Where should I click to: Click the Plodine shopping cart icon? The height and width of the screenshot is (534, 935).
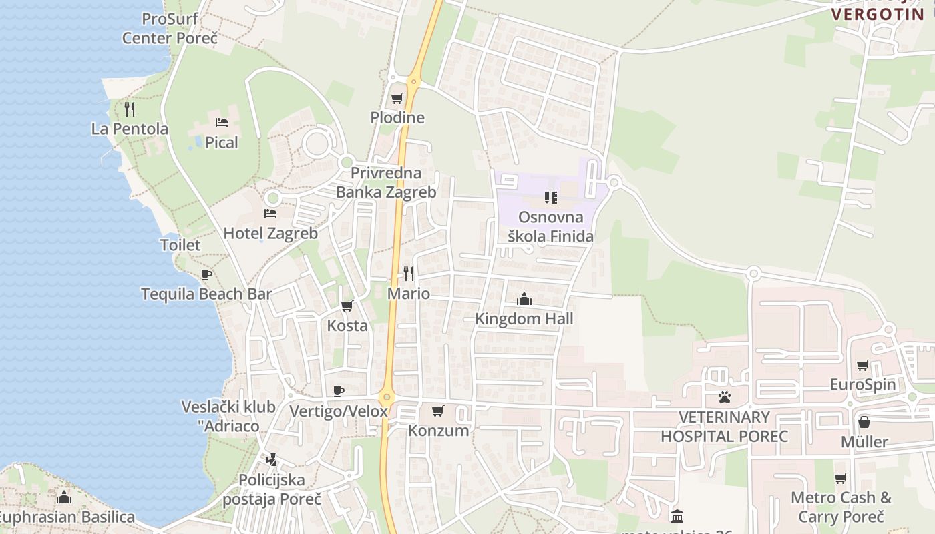pos(397,99)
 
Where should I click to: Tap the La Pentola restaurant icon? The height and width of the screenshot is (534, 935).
pos(130,109)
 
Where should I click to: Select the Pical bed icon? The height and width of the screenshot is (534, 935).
pos(222,122)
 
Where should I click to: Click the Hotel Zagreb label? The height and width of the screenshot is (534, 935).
pos(270,234)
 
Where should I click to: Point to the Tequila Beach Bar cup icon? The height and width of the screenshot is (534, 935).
pos(206,274)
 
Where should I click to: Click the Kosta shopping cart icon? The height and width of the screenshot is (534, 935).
pos(347,306)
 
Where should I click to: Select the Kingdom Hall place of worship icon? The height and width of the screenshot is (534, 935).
pos(524,299)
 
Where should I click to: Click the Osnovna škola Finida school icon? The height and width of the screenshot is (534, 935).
pos(551,198)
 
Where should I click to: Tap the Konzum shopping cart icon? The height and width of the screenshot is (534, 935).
pos(438,411)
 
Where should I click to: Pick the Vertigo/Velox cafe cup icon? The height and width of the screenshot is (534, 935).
pos(339,391)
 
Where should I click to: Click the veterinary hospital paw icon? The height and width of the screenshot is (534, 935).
pos(725,397)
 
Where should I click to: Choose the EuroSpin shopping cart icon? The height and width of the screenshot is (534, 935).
pos(863,365)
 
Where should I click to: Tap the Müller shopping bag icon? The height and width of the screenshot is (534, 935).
pos(864,422)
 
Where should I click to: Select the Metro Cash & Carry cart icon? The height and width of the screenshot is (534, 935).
pos(841,478)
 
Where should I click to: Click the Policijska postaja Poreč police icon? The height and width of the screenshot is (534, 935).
pos(271,460)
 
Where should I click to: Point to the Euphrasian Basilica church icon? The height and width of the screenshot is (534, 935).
pos(64,497)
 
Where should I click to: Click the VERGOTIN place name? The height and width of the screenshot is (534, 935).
pos(878,14)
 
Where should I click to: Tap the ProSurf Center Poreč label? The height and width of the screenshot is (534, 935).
pos(170,29)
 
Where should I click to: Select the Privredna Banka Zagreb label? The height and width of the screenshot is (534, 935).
pos(386,182)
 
